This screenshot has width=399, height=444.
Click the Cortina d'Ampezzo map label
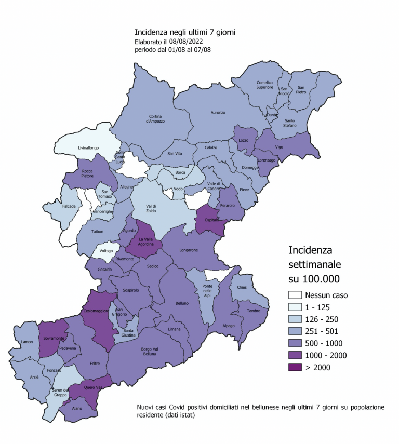click(x=156, y=118)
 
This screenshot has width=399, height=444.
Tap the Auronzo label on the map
click(x=218, y=112)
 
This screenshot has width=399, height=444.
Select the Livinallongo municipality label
click(x=88, y=147)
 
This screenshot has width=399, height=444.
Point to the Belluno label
click(x=182, y=303)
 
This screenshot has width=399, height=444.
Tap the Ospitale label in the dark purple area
click(x=210, y=220)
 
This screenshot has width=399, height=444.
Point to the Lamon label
click(x=27, y=342)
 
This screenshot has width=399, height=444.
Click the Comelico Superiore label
click(x=264, y=85)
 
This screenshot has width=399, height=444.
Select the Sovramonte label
click(x=54, y=338)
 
